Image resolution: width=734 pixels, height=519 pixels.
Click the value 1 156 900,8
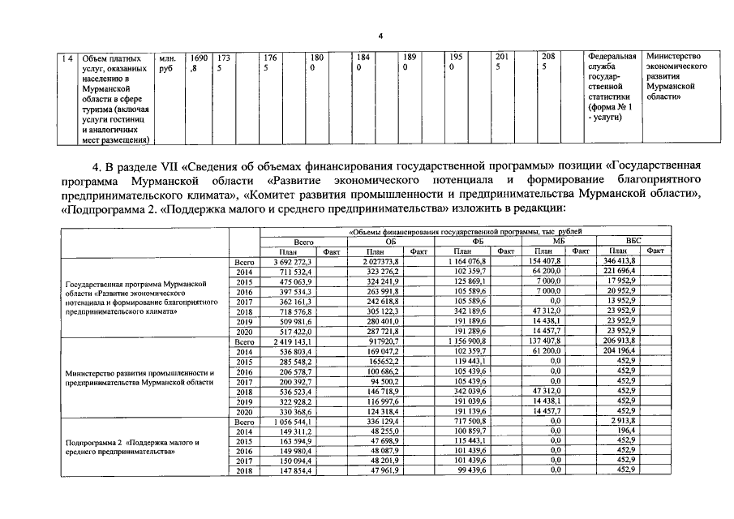(x=467, y=344)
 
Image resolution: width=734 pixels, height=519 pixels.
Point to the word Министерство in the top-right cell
(x=672, y=58)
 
